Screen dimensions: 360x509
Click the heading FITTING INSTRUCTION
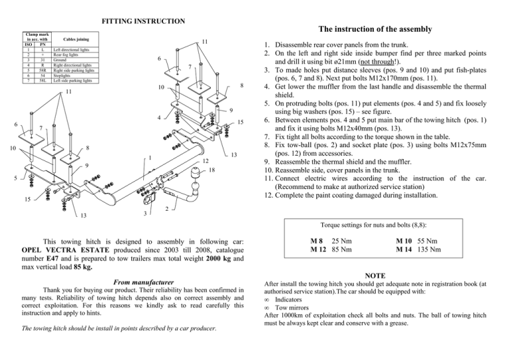point(142,22)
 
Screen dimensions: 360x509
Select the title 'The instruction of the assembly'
point(375,29)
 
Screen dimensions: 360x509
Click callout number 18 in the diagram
point(212,171)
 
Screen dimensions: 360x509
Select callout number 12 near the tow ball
point(205,161)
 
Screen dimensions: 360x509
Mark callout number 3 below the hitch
point(145,213)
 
